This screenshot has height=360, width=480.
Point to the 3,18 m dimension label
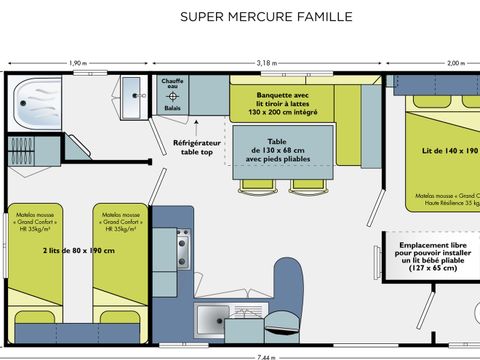pos(267,63)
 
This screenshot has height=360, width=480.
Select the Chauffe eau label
pos(172,87)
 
